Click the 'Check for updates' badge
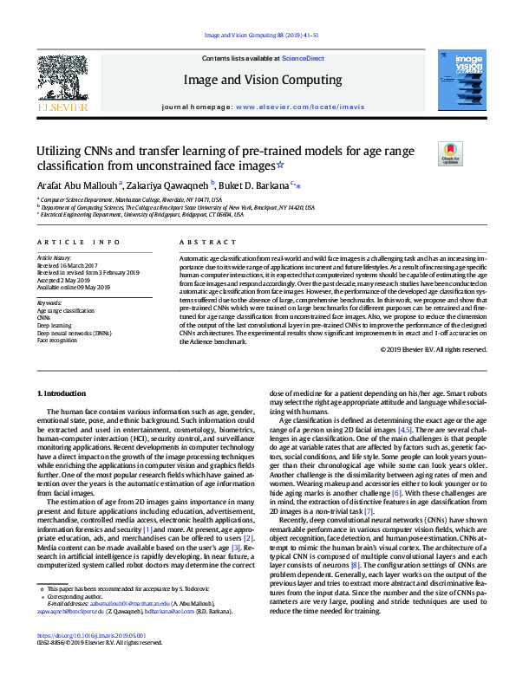pyautogui.click(x=452, y=154)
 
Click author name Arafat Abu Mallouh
pyautogui.click(x=72, y=185)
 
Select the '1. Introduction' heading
pyautogui.click(x=66, y=393)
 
